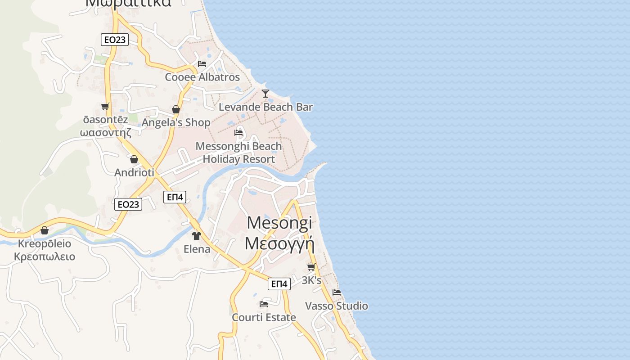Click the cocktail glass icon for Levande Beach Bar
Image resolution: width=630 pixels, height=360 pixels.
265,93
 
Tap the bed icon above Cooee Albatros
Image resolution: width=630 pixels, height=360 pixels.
202,63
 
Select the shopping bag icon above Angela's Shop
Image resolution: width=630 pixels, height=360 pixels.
176,109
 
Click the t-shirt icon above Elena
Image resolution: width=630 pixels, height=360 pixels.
196,235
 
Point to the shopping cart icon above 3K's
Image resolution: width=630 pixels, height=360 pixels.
311,267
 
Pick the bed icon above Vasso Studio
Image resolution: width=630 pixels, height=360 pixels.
337,292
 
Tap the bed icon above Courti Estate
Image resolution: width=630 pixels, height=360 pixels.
264,304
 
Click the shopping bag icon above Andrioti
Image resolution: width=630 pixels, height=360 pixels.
134,159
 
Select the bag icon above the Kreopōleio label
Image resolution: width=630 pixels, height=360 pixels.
45,230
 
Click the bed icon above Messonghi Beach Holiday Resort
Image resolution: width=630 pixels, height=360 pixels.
238,133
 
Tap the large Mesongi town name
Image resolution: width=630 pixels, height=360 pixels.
279,222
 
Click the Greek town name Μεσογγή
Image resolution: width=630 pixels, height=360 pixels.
279,243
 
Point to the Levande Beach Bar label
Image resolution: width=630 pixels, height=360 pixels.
265,107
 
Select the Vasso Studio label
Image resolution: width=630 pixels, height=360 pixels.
337,306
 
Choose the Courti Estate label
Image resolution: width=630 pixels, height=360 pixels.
264,317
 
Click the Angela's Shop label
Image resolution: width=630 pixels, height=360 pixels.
176,122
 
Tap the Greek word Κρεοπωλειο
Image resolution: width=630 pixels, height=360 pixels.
45,257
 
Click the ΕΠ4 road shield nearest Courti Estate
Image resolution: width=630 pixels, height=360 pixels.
279,284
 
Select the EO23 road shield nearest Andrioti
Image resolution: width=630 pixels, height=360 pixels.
128,204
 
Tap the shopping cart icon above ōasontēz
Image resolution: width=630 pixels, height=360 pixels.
105,107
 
